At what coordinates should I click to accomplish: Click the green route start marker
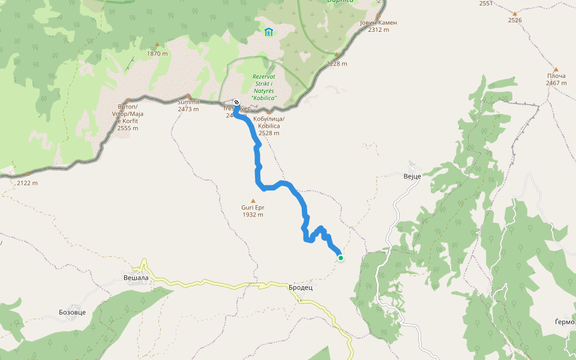(x=341, y=258)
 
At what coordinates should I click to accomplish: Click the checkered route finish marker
(x=236, y=102)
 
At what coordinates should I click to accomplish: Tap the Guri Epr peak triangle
(x=253, y=201)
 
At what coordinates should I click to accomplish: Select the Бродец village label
(x=301, y=287)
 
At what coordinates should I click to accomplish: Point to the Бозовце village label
(x=73, y=313)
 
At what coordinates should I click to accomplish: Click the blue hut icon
(x=268, y=32)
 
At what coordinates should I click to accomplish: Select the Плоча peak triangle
(x=556, y=70)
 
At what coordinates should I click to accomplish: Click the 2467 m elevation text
(x=556, y=83)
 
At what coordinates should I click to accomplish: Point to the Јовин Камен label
(x=379, y=23)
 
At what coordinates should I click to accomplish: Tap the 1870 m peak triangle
(x=157, y=44)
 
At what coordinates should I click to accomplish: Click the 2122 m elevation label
(x=27, y=183)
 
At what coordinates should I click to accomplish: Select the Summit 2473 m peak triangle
(x=188, y=95)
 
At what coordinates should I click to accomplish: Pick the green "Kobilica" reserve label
(x=264, y=87)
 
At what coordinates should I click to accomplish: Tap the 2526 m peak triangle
(x=514, y=13)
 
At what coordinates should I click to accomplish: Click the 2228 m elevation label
(x=337, y=64)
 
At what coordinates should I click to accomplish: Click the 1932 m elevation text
(x=253, y=215)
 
